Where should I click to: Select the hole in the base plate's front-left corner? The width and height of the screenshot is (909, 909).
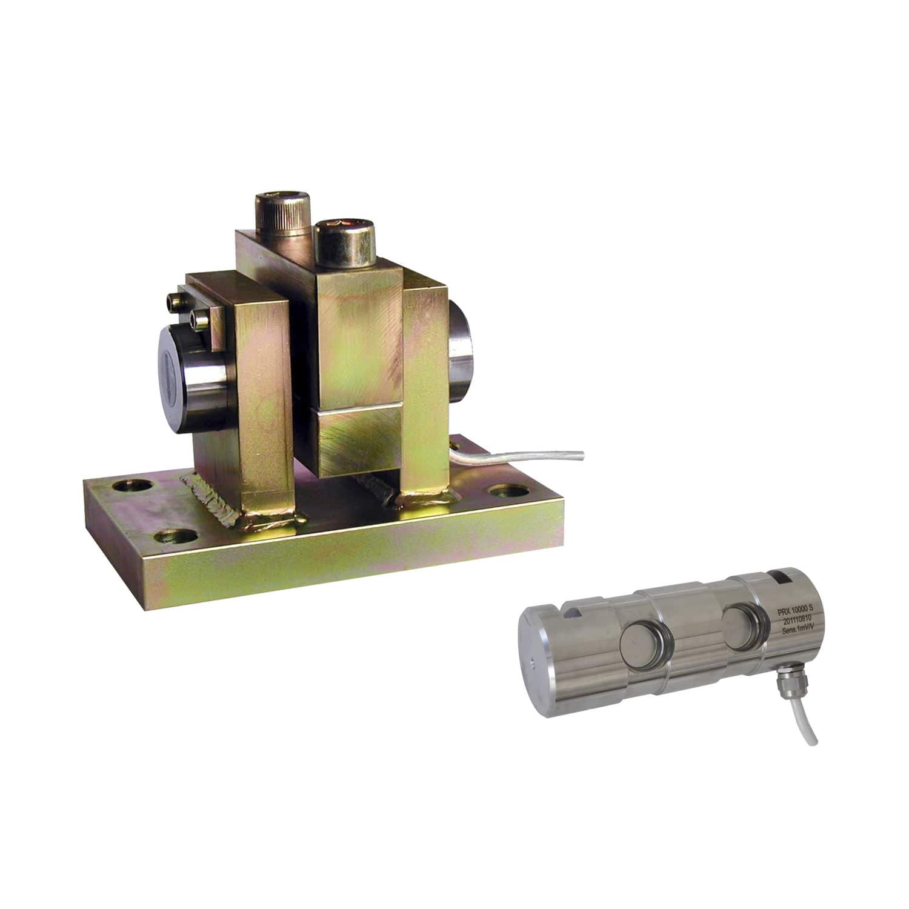(x=176, y=537)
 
